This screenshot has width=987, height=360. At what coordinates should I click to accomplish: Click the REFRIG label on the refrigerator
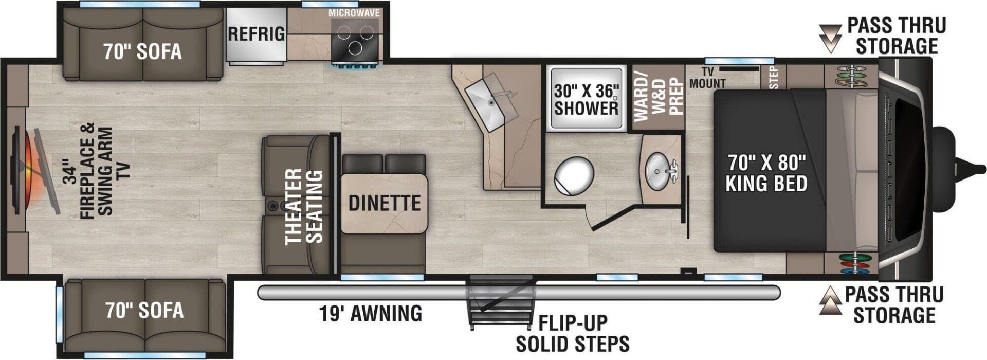pos(256,34)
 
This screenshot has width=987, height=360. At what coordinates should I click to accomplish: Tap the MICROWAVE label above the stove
pos(354,13)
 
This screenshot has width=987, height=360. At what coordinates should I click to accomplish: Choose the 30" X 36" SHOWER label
pos(586,100)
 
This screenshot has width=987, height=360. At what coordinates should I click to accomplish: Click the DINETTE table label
pos(385,203)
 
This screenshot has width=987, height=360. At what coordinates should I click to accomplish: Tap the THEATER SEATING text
pos(304,206)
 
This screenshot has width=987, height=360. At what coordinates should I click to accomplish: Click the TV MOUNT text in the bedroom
pos(707,78)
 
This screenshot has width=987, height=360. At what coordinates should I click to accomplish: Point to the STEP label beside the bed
pos(775,77)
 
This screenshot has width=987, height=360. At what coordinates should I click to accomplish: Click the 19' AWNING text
pos(371,313)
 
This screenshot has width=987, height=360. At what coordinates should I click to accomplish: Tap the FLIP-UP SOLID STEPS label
pos(573,333)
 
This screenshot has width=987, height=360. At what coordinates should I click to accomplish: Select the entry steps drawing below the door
pos(499,303)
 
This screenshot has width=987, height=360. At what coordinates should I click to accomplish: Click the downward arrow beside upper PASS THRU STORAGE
pos(830,38)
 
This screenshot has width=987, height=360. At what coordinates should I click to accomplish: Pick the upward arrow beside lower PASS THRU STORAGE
pos(830,301)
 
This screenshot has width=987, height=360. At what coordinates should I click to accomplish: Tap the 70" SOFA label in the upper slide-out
pos(142,51)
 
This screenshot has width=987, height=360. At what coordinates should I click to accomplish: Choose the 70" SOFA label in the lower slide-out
pos(144,310)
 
